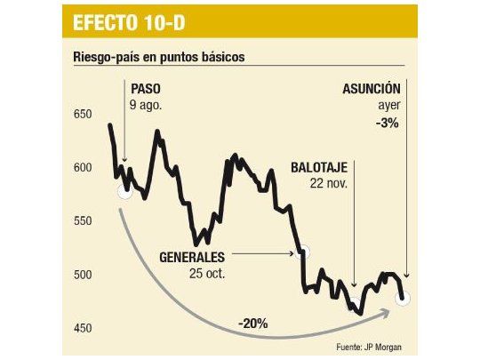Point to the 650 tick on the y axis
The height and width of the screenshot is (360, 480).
click(84, 115)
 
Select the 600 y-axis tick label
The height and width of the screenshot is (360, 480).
click(84, 168)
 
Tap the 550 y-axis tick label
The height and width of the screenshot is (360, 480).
click(84, 221)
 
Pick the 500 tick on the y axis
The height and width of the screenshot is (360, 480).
click(84, 275)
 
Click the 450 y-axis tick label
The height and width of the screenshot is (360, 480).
click(84, 328)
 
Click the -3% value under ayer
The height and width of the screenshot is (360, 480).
click(388, 124)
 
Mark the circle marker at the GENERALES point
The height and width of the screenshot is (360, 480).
click(302, 252)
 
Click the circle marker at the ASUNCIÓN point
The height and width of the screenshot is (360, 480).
click(403, 298)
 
